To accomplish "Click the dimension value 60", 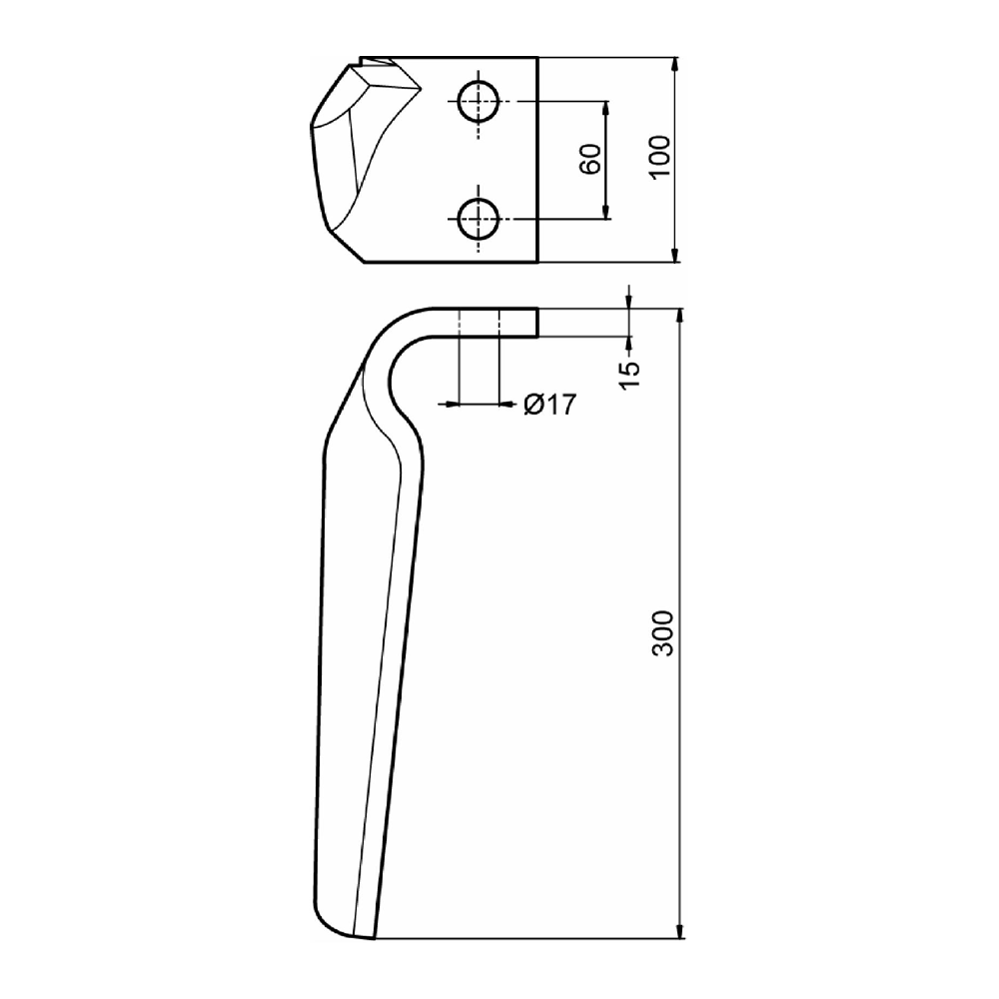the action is tap(590, 159).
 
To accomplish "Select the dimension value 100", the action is tap(660, 158).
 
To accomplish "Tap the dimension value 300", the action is tap(662, 633).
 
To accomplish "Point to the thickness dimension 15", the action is tap(628, 375).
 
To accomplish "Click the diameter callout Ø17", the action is tap(549, 404).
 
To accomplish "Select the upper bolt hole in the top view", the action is tap(478, 101).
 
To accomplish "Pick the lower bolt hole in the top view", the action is tap(478, 219).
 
